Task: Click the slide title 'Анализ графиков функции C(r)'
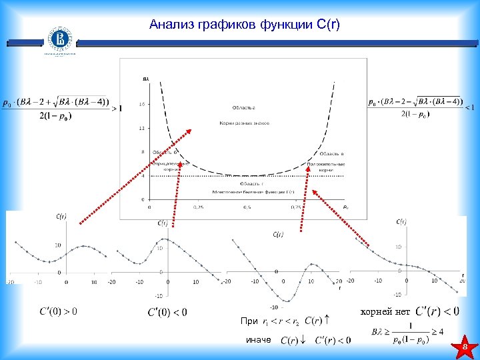[x=245, y=25]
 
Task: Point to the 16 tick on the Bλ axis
[x=141, y=104]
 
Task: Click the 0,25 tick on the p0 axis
[x=199, y=207]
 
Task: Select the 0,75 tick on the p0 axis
[x=297, y=207]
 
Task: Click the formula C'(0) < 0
[x=167, y=312]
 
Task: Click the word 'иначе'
[x=259, y=340]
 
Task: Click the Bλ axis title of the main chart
[x=146, y=80]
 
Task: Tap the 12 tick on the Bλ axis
[x=141, y=128]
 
